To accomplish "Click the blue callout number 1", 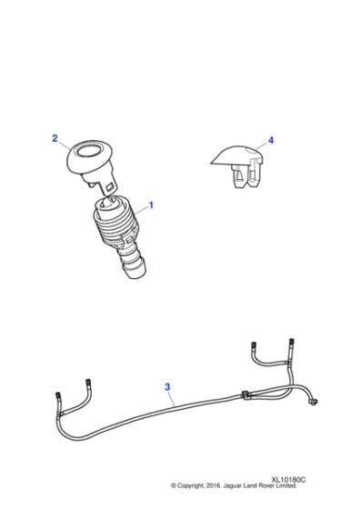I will click(151, 205).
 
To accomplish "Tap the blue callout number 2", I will click(55, 138).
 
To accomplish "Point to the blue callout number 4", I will click(270, 141).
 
